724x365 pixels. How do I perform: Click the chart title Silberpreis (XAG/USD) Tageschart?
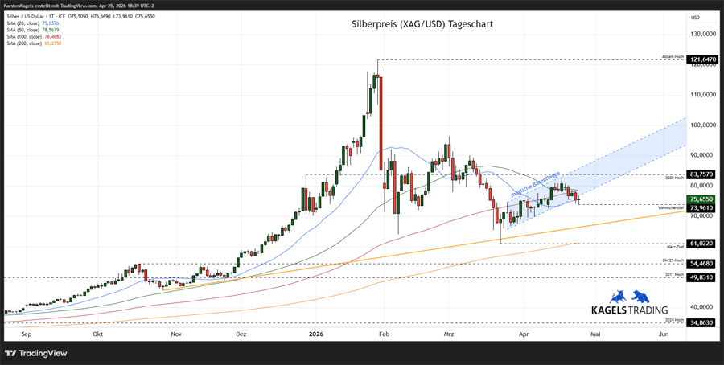coord(422,24)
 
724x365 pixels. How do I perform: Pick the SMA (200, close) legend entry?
coord(34,43)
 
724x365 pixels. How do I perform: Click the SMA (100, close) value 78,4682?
coord(51,37)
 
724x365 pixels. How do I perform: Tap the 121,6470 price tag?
coord(703,59)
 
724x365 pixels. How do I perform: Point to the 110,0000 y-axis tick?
coord(703,94)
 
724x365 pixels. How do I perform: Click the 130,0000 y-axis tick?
coord(703,34)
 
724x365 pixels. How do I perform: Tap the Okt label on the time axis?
coord(98,333)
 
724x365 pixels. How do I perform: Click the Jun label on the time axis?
coord(664,333)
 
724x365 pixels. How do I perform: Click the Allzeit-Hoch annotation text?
coord(673,57)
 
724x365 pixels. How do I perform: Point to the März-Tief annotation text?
coord(675,247)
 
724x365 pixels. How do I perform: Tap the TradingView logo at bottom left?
coord(36,353)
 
